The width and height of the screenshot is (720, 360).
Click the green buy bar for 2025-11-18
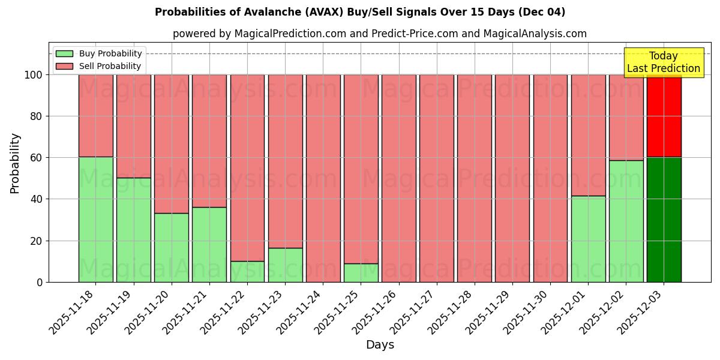96,220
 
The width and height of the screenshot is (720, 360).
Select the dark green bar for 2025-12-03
664,220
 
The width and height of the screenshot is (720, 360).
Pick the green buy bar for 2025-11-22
247,271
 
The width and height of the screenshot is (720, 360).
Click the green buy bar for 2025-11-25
361,272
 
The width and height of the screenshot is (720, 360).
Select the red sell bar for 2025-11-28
475,178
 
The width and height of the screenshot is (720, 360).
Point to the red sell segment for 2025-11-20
172,144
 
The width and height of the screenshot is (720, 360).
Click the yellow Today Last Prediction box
664,62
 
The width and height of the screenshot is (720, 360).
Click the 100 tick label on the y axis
34,75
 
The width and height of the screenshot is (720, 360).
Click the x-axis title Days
380,345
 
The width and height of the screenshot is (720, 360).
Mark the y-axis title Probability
15,163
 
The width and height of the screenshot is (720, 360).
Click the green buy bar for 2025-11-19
134,230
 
